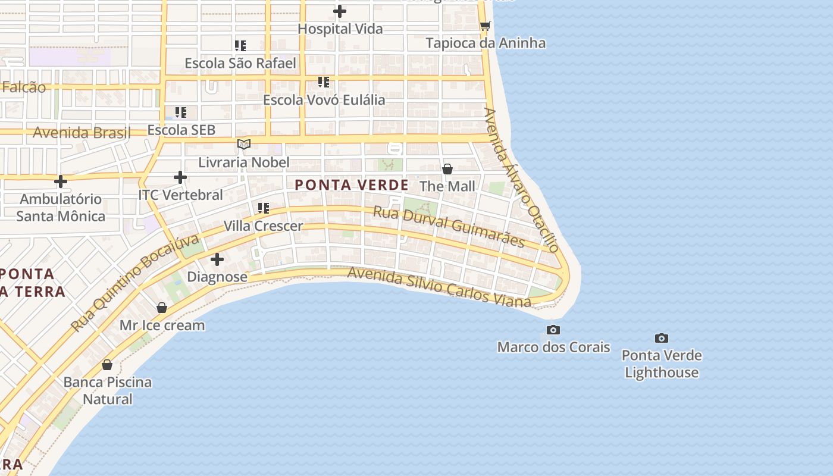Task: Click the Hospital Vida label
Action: (x=340, y=29)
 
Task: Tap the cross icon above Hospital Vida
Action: (x=340, y=11)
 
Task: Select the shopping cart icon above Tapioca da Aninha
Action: (x=485, y=26)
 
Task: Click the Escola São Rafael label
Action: (x=240, y=63)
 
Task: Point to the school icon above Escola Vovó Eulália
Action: (x=324, y=82)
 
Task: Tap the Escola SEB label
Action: (x=181, y=130)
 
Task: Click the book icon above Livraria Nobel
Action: (x=244, y=144)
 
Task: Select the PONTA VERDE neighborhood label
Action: (x=352, y=185)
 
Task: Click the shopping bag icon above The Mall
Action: (x=447, y=169)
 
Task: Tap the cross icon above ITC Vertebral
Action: (x=180, y=177)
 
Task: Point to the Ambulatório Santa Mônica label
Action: (x=61, y=207)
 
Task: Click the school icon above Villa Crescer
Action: (x=263, y=208)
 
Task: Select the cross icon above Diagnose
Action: (x=217, y=259)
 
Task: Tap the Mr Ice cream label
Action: (x=162, y=325)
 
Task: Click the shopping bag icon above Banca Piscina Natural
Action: (x=107, y=365)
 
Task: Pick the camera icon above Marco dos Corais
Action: (x=553, y=330)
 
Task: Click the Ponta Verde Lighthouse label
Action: (x=662, y=364)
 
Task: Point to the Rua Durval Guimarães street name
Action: (x=449, y=227)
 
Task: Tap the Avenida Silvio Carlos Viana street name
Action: (x=439, y=287)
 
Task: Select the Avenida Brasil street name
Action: (x=82, y=132)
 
